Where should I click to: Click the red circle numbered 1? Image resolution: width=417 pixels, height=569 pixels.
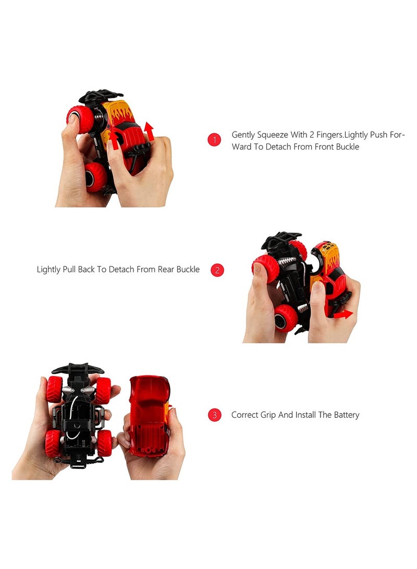point(214,140)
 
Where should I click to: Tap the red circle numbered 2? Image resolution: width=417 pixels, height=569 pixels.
point(217,270)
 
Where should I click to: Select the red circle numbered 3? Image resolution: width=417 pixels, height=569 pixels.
point(214,415)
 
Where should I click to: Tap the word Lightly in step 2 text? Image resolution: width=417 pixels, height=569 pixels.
point(50,270)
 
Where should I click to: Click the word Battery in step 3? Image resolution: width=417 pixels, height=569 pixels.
point(346,415)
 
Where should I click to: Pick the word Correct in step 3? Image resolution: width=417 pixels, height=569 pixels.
point(245,415)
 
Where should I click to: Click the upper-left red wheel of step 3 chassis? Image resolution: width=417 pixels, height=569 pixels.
point(54,389)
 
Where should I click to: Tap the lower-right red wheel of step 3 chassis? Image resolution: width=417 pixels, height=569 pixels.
point(104,443)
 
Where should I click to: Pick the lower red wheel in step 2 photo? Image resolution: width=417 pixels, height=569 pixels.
point(286,318)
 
